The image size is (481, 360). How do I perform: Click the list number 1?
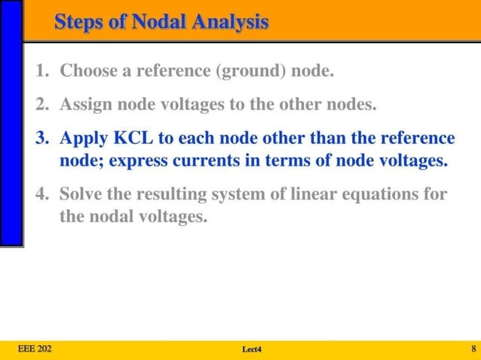[42, 73]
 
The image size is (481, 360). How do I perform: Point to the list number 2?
[42, 105]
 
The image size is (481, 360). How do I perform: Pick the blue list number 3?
[42, 139]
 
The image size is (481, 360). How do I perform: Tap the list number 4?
[42, 195]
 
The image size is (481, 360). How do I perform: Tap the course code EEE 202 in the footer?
[35, 348]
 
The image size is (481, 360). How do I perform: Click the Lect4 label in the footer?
[251, 349]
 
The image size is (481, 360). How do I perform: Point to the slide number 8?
[473, 348]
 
